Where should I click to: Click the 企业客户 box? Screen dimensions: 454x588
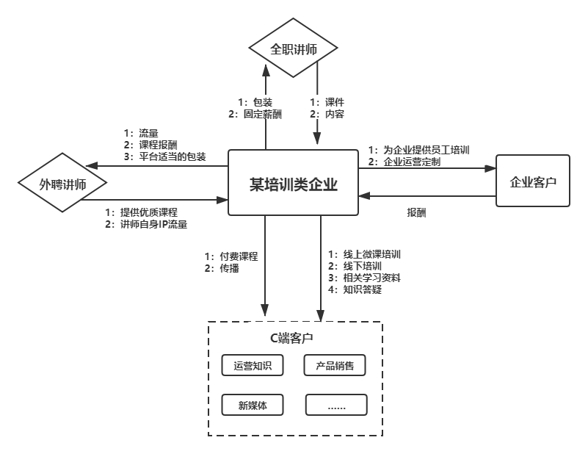pyautogui.click(x=533, y=181)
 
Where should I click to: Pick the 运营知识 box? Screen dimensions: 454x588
pyautogui.click(x=253, y=365)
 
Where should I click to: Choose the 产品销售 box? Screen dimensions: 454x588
pyautogui.click(x=335, y=365)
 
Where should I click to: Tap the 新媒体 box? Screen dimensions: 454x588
pyautogui.click(x=253, y=405)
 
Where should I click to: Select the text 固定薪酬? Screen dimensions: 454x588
pyautogui.click(x=263, y=114)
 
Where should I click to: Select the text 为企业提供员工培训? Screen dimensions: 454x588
pyautogui.click(x=426, y=150)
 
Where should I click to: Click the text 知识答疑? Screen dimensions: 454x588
pyautogui.click(x=363, y=289)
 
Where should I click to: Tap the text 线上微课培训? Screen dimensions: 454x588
pyautogui.click(x=371, y=254)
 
